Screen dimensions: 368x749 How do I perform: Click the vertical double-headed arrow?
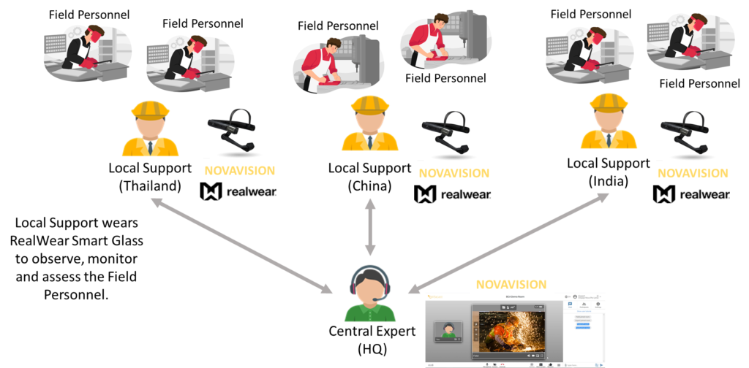(370, 226)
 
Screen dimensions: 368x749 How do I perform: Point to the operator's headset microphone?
(375, 299)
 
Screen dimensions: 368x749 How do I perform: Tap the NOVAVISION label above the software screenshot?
(511, 284)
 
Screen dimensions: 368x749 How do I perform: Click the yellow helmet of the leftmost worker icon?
(150, 110)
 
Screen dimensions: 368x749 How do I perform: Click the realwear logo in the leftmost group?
(238, 192)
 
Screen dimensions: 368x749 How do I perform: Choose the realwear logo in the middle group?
(453, 193)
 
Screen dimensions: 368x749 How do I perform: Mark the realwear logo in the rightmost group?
(691, 193)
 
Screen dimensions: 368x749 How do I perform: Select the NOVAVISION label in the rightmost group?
(693, 173)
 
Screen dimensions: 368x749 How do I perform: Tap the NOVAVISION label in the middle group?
(453, 174)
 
